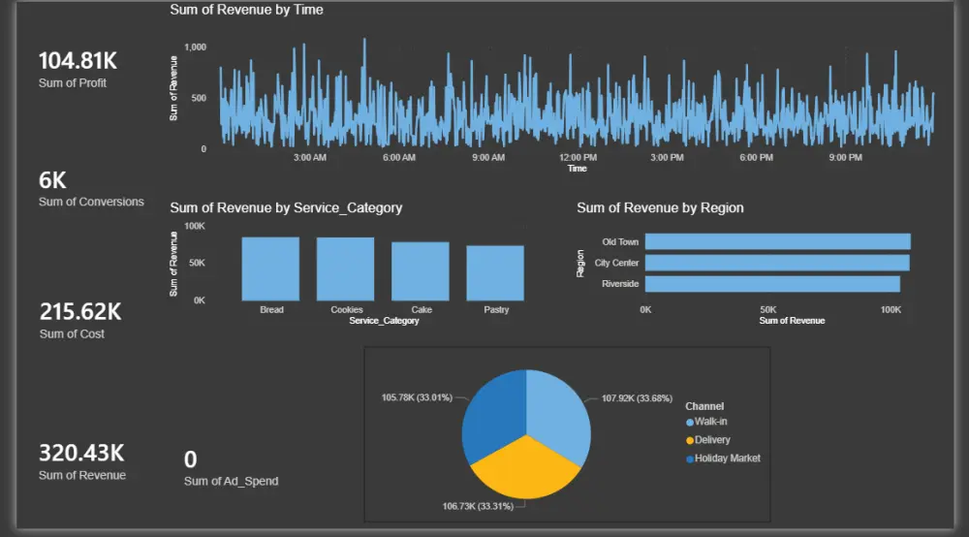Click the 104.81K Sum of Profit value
point(78,61)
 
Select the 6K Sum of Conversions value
point(52,180)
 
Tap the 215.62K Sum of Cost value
point(79,312)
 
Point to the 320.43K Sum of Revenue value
point(81,453)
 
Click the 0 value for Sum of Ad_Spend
point(190,459)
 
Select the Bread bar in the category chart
point(270,268)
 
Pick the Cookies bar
point(345,268)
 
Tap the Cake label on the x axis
point(421,310)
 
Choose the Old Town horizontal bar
point(777,241)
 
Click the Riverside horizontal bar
point(772,284)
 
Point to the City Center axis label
point(616,263)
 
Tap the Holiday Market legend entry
point(727,458)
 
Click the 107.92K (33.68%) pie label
point(637,398)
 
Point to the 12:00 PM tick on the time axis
point(578,157)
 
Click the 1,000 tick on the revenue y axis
point(195,47)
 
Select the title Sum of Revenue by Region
point(660,207)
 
